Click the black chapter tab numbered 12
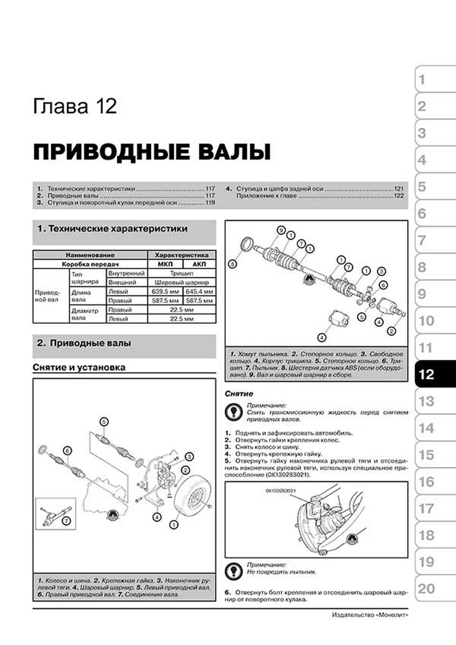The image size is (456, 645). click(435, 374)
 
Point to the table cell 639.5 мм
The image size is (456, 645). click(165, 291)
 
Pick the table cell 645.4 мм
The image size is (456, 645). click(199, 291)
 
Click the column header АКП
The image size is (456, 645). click(199, 264)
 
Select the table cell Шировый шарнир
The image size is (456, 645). click(181, 282)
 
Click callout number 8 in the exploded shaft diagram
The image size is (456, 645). click(232, 264)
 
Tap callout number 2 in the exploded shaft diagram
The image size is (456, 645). click(391, 331)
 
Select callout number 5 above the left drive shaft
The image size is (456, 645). click(104, 422)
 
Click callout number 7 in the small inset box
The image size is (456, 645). click(66, 521)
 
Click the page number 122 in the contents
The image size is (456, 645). click(399, 196)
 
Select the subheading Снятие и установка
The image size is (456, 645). click(79, 367)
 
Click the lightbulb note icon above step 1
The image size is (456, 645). click(233, 412)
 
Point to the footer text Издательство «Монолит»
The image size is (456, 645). click(370, 615)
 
